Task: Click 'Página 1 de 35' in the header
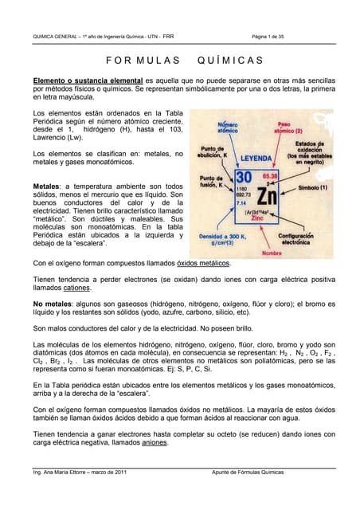pyautogui.click(x=272, y=36)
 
